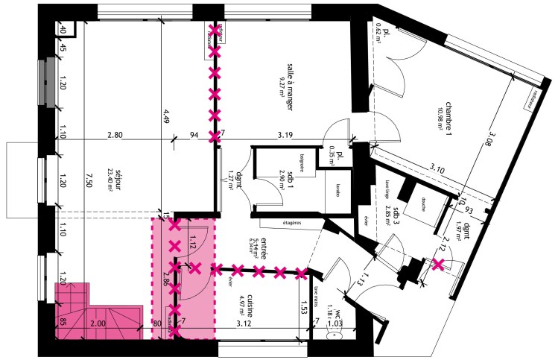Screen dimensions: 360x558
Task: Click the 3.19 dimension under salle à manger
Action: click(x=285, y=136)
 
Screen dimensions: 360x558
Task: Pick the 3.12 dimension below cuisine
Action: click(x=243, y=323)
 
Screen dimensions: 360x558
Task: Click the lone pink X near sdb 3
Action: click(x=440, y=264)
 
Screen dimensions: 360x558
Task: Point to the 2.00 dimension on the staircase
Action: click(x=98, y=323)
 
